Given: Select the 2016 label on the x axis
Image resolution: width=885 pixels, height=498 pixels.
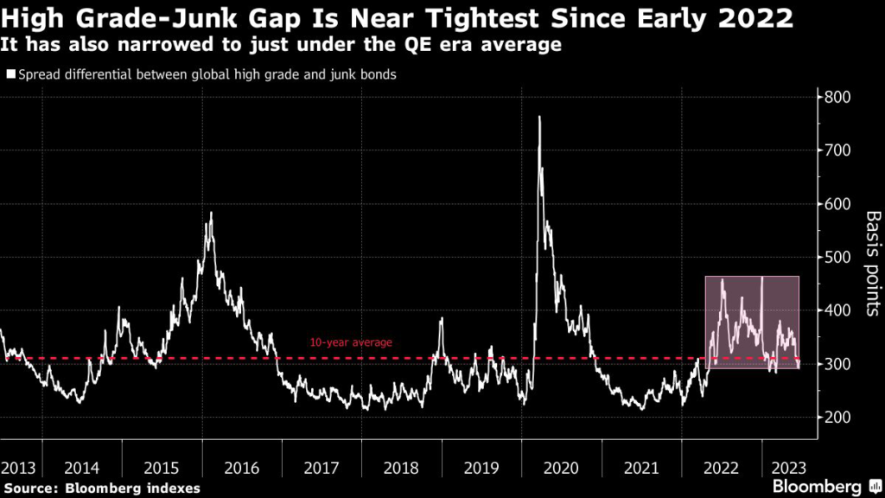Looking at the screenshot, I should tap(241, 468).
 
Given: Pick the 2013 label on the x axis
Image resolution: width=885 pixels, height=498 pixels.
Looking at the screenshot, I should tap(18, 468).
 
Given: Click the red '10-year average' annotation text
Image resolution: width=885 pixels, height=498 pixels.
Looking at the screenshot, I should tap(351, 343).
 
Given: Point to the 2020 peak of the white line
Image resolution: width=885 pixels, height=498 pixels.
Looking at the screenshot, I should tap(539, 118).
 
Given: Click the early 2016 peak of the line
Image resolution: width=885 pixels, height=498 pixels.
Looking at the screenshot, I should tap(210, 213).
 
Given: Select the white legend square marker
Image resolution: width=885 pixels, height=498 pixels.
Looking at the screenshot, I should tap(10, 75).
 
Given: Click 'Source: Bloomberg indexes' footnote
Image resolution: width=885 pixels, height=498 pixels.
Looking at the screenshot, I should tap(100, 488).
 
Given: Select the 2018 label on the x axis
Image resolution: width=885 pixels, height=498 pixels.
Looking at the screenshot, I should tap(401, 468).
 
